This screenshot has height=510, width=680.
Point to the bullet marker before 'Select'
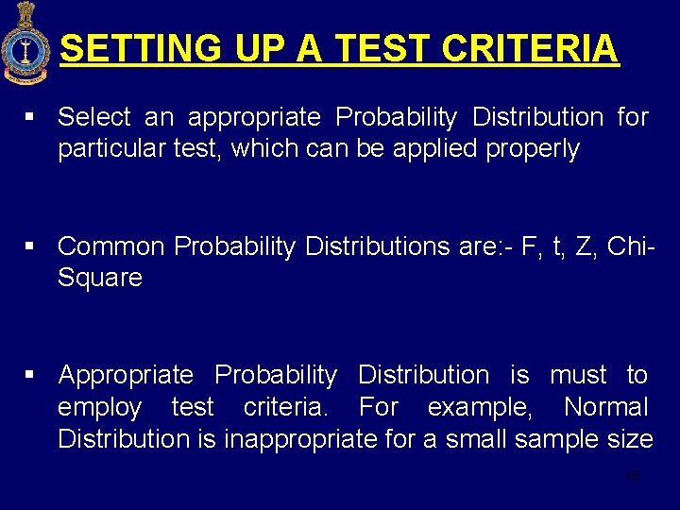[x=30, y=117]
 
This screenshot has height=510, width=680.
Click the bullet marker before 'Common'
[x=30, y=246]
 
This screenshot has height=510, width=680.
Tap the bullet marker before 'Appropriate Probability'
[x=30, y=375]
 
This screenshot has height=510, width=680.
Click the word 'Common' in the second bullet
[x=112, y=246]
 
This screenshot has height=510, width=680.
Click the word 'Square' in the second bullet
[x=100, y=279]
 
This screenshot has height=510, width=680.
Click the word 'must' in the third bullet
[x=578, y=375]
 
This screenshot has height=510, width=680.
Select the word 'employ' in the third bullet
[x=99, y=408]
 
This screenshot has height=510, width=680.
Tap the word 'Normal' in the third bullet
[x=605, y=408]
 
